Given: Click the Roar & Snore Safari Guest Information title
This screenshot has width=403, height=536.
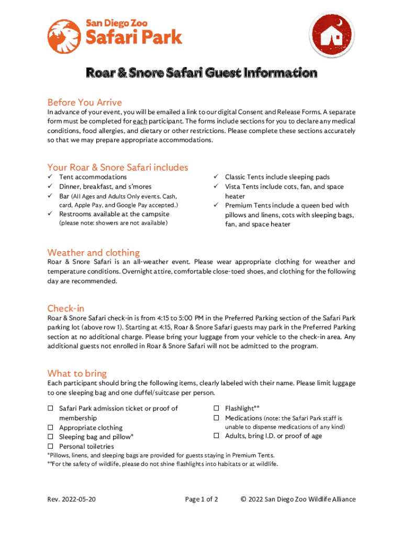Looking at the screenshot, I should point(201,73).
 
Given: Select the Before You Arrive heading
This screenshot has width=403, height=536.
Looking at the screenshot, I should point(84,102).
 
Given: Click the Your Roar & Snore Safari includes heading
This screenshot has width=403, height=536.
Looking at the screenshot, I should point(117,167).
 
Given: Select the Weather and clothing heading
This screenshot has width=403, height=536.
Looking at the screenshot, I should point(93,252).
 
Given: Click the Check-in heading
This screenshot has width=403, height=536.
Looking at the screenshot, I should point(65,308).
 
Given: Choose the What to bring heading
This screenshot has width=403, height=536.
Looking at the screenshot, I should point(77,373).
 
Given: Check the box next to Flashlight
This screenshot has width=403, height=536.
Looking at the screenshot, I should point(216,408).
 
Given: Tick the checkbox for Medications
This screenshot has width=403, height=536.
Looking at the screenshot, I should point(216,418).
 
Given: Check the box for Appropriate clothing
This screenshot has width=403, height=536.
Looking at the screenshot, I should point(51,428).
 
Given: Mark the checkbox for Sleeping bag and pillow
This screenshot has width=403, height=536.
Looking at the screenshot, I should point(51,437).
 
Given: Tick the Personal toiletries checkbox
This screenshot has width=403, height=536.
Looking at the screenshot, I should point(51,446).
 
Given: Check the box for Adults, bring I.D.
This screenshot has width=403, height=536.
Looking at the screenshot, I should point(216,436).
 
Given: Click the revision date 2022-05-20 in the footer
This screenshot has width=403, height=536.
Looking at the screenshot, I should point(79,499).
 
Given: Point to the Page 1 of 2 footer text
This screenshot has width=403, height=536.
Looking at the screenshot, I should point(201,499).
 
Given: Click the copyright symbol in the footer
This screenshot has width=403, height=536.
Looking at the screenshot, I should point(244,499).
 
